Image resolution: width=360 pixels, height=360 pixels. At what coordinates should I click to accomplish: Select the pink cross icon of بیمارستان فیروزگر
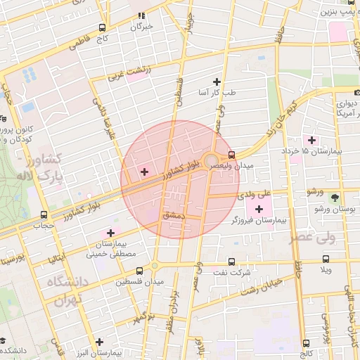click(x=259, y=209)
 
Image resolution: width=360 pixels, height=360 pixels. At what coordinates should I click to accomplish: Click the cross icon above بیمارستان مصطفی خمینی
click(x=110, y=233)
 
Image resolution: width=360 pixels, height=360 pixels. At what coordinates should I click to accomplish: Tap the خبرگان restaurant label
click(x=141, y=27)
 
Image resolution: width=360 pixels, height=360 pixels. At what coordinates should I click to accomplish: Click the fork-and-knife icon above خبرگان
click(x=141, y=15)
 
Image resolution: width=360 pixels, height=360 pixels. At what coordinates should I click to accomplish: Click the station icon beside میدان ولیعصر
click(x=232, y=155)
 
